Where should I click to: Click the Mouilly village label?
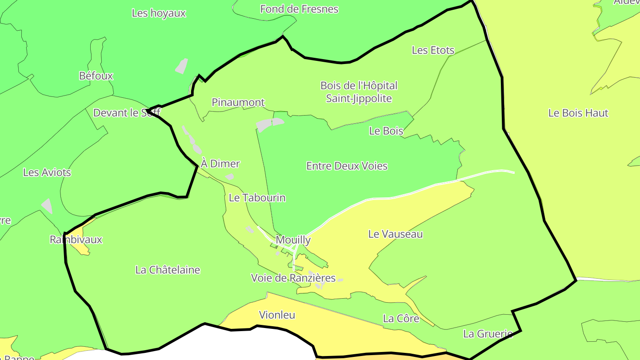293,240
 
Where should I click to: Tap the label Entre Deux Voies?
347,166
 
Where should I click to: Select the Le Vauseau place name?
395,234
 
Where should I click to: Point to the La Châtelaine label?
168,270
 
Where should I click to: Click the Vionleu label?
277,315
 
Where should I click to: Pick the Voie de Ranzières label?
293,278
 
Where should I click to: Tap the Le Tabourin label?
257,198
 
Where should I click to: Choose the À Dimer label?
220,164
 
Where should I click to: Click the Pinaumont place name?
238,103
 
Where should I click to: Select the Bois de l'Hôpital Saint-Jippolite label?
359,92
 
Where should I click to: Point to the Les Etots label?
433,50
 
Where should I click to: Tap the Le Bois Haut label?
578,113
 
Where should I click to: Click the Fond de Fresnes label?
299,9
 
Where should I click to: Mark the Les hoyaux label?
159,13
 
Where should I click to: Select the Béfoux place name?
96,76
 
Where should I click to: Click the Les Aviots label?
47,172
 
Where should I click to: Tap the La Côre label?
401,319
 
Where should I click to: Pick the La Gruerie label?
488,334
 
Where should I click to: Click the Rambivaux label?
76,240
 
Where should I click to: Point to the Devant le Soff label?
127,113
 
